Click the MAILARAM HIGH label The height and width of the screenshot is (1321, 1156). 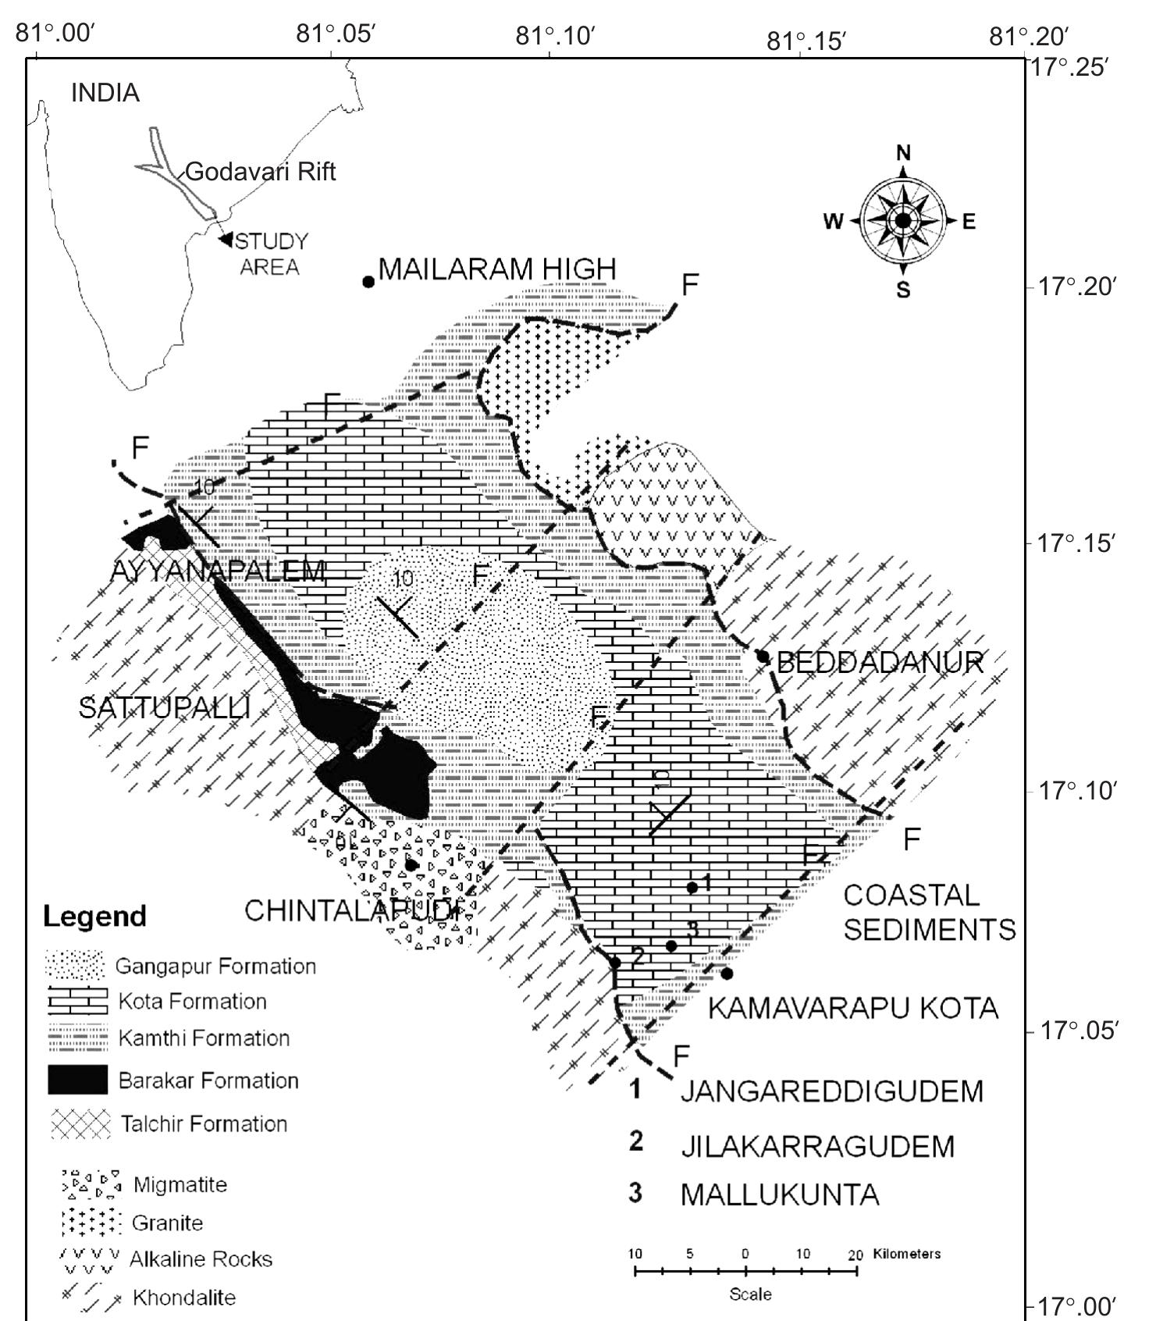[497, 269]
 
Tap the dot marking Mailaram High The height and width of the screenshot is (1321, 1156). [368, 282]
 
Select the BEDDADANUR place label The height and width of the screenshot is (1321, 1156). [880, 663]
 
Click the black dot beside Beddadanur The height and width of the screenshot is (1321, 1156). [763, 657]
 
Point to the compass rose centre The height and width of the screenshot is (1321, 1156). [903, 221]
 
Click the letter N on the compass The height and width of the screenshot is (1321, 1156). [903, 153]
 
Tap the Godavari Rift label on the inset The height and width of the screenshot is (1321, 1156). [261, 172]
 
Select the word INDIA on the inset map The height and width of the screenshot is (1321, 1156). [105, 93]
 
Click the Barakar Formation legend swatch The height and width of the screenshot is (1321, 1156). [77, 1080]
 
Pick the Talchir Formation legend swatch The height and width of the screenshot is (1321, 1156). [80, 1124]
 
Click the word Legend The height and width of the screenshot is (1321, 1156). [94, 917]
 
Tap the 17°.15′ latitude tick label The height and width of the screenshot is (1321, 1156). [1075, 543]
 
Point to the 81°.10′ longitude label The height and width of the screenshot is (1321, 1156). [556, 37]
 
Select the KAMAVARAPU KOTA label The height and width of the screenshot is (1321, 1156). [852, 1008]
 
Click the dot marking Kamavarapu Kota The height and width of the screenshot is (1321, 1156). [727, 974]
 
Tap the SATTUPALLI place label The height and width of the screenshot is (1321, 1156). [165, 708]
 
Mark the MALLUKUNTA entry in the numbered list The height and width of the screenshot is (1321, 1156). [779, 1195]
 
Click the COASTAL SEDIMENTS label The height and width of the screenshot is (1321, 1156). [929, 912]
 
